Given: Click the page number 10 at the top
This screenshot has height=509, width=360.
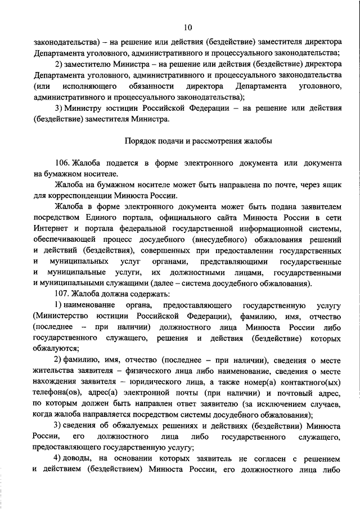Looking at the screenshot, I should (188, 26).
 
